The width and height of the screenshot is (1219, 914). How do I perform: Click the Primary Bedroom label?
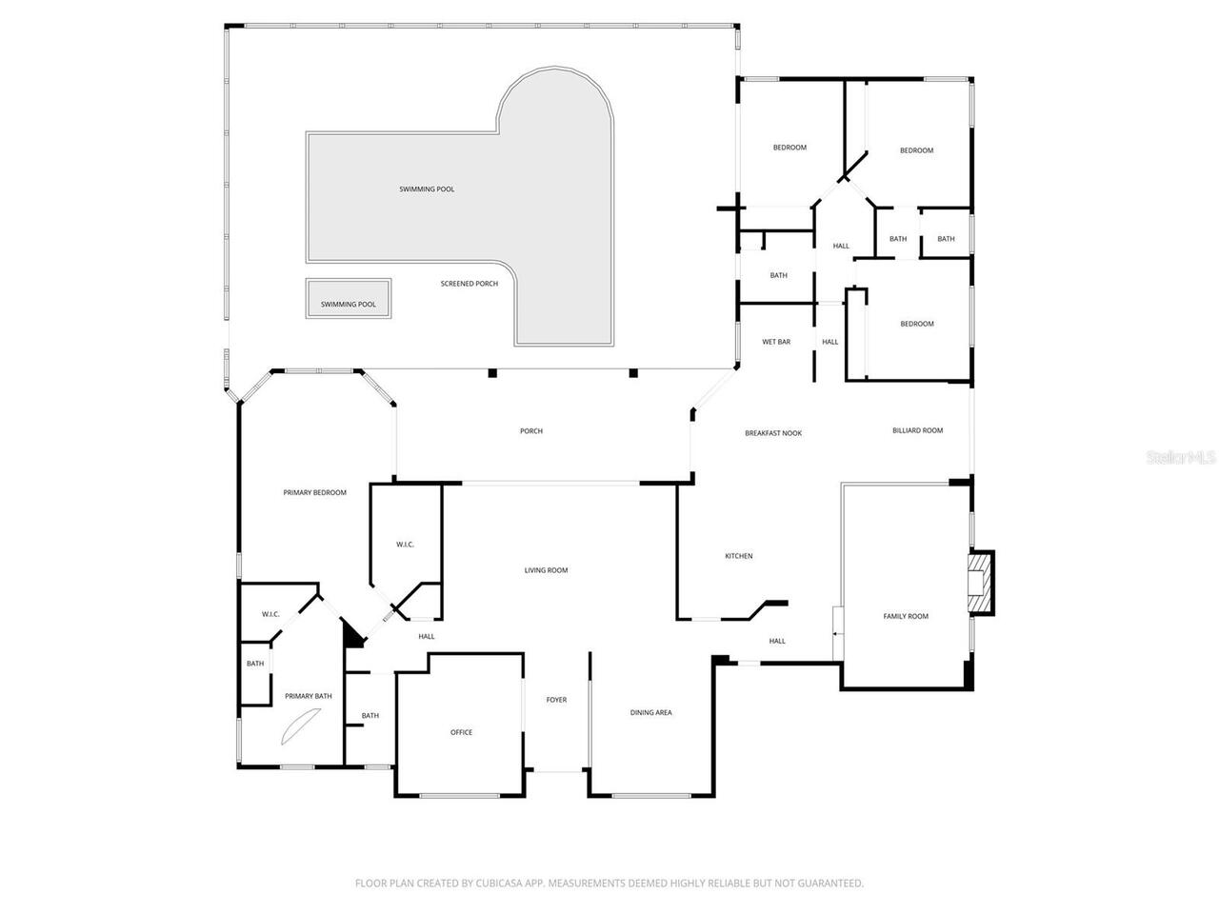(x=314, y=492)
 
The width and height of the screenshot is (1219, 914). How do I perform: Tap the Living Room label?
(x=546, y=570)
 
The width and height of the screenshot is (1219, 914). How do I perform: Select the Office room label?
(x=461, y=732)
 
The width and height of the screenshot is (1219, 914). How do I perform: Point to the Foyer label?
(x=556, y=700)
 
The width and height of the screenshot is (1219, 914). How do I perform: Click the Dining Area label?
(x=650, y=712)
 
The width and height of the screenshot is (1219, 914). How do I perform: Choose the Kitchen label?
(x=739, y=556)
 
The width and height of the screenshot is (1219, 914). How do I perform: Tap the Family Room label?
(x=905, y=616)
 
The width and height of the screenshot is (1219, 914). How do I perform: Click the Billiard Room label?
(x=917, y=430)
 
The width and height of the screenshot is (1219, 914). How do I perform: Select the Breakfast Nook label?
(x=772, y=433)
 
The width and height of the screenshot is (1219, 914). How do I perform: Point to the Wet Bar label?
(x=776, y=342)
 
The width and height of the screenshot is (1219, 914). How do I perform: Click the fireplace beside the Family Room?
(x=979, y=583)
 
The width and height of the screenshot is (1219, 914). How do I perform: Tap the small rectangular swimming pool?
(x=348, y=300)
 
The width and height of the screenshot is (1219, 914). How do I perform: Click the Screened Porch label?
(x=469, y=284)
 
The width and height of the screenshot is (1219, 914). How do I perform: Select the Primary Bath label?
(x=308, y=696)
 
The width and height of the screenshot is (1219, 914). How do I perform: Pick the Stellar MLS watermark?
(x=1181, y=458)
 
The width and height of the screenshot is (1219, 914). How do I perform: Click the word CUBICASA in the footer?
(x=502, y=884)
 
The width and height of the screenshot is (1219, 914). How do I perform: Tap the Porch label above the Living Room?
(x=530, y=431)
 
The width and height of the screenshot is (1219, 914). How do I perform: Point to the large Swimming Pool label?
(x=427, y=189)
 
